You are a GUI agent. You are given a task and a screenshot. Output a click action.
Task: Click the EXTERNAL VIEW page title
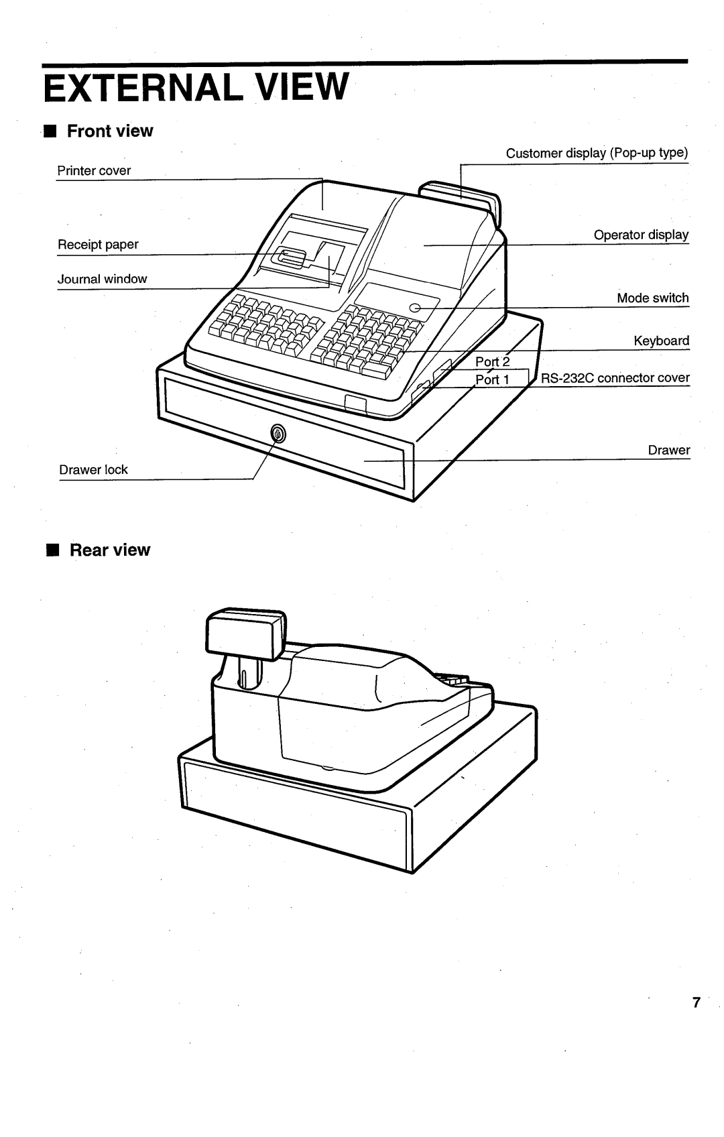pyautogui.click(x=196, y=86)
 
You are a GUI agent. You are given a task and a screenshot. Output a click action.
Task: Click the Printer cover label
pyautogui.click(x=94, y=170)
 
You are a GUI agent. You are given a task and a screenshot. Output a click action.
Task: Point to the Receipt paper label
pyautogui.click(x=98, y=245)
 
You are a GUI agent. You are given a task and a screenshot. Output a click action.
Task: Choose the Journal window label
pyautogui.click(x=102, y=279)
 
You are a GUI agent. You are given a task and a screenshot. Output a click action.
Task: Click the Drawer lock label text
pyautogui.click(x=93, y=469)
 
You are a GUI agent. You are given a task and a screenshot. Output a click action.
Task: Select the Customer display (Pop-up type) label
pyautogui.click(x=597, y=154)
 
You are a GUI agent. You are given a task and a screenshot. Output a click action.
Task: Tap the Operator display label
pyautogui.click(x=642, y=235)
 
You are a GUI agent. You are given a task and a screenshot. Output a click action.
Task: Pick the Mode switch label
pyautogui.click(x=653, y=298)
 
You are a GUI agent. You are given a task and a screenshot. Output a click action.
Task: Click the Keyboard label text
pyautogui.click(x=662, y=341)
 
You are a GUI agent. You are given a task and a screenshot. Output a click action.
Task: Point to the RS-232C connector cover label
pyautogui.click(x=615, y=377)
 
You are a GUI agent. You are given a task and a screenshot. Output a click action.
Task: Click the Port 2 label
pyautogui.click(x=492, y=362)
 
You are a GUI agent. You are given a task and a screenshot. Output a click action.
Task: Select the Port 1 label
pyautogui.click(x=492, y=379)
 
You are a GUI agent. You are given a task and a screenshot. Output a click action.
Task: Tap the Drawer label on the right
pyautogui.click(x=669, y=451)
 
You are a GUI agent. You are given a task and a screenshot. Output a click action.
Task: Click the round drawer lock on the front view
pyautogui.click(x=278, y=434)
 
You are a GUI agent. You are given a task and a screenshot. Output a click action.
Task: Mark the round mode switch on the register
pyautogui.click(x=415, y=307)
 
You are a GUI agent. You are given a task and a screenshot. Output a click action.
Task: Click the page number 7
pyautogui.click(x=696, y=1002)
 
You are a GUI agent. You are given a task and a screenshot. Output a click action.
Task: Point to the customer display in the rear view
pyautogui.click(x=246, y=634)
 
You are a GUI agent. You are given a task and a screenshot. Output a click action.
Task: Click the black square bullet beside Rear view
pyautogui.click(x=53, y=550)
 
